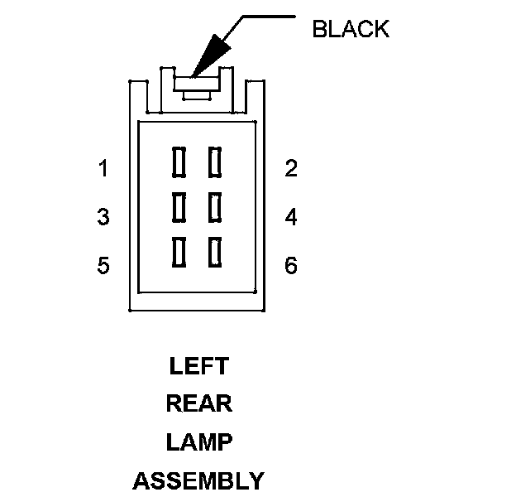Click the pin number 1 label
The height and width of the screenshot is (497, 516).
103,169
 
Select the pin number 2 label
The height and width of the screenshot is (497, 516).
290,169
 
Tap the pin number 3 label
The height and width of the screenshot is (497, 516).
103,218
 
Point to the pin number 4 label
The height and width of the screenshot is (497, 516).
290,218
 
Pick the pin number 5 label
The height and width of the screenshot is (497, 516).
103,266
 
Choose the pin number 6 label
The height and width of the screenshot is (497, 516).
290,266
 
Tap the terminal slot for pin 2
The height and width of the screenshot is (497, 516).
215,162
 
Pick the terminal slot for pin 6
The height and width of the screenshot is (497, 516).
215,252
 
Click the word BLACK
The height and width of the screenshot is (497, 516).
350,29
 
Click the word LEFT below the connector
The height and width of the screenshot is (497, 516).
198,366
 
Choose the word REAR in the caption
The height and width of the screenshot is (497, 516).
198,404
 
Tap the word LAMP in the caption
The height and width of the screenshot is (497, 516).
198,442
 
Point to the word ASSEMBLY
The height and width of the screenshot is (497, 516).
198,480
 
